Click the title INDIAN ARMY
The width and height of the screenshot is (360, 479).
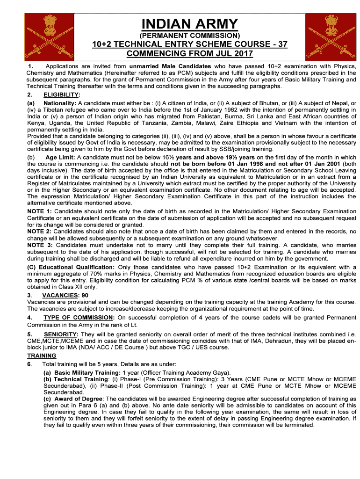tap(190, 23)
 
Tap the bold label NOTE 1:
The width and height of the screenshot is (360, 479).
tap(40, 211)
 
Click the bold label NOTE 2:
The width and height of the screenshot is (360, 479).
tap(40, 232)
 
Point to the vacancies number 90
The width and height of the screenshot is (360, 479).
tap(85, 295)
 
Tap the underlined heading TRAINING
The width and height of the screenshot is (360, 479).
tap(42, 356)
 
